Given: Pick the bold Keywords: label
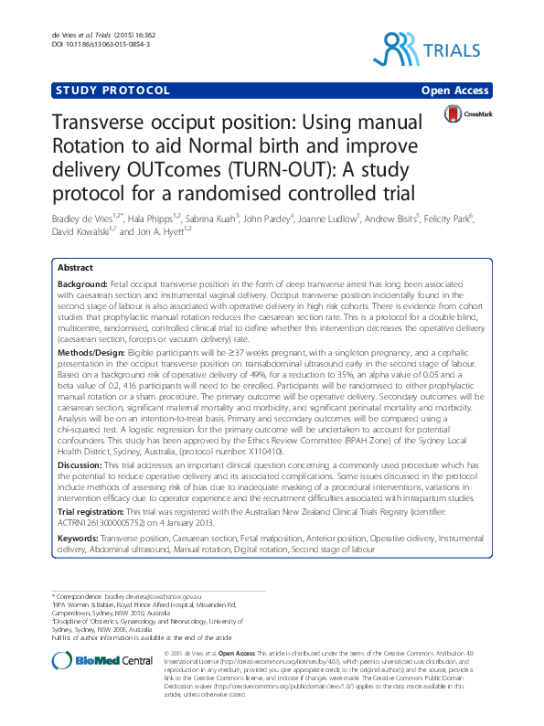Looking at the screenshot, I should pyautogui.click(x=80, y=539).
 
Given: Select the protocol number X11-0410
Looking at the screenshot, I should pyautogui.click(x=264, y=451).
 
